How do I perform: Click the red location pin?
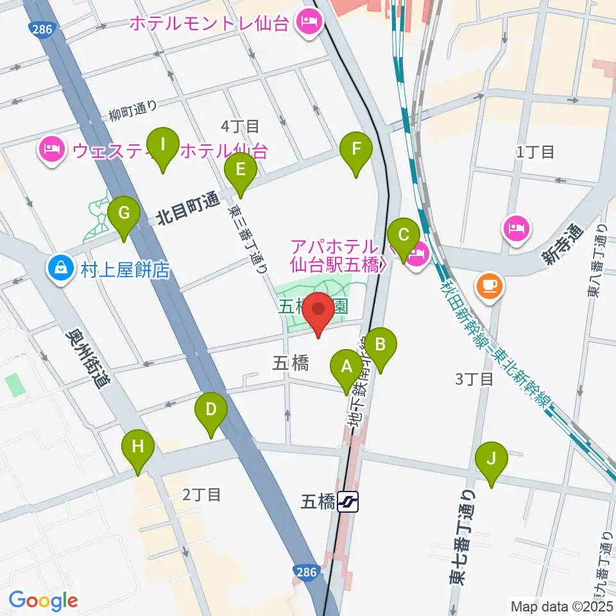(x=319, y=311)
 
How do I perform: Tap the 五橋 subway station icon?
(x=348, y=501)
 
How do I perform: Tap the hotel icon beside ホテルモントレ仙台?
(x=309, y=24)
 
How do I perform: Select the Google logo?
(x=43, y=601)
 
